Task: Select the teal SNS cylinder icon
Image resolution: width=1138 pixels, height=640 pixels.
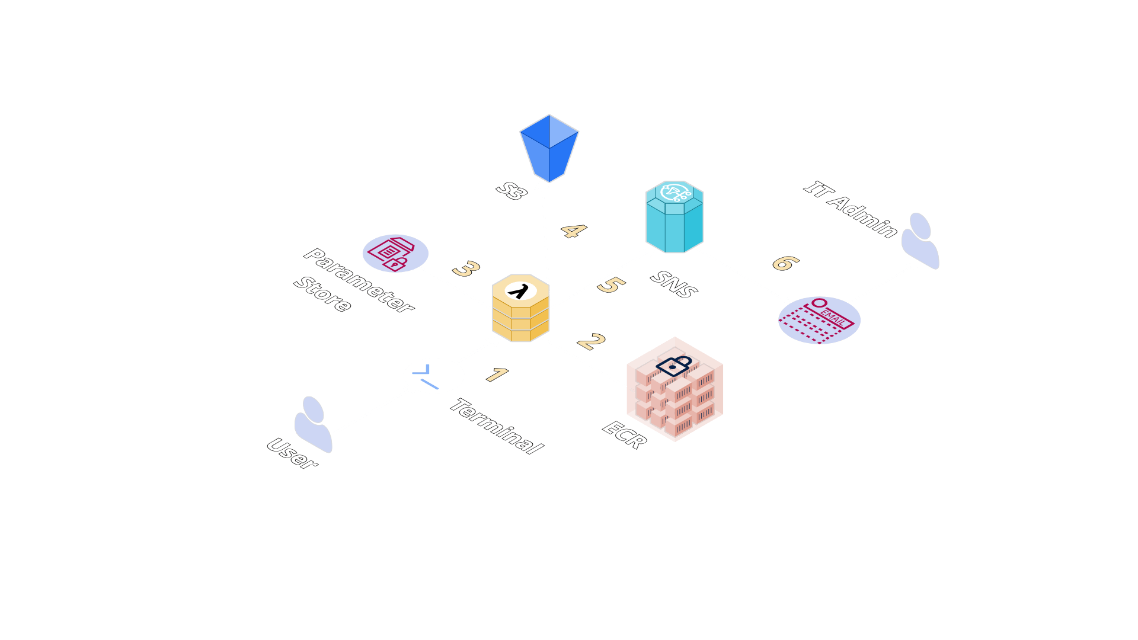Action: pos(675,217)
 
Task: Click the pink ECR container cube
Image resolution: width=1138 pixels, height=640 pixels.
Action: pos(675,390)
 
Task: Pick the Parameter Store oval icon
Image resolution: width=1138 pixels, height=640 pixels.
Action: pos(395,253)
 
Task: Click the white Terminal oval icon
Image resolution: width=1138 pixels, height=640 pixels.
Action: pos(434,376)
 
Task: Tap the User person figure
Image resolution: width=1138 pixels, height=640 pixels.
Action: pos(313,424)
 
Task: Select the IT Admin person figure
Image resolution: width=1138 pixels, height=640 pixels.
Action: pos(920,241)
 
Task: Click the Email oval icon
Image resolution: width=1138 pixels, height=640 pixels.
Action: pos(819,320)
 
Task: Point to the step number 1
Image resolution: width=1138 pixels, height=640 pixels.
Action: pos(497,375)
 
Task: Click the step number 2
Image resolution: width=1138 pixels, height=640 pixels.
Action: pos(590,341)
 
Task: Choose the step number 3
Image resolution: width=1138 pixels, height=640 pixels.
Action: pos(466,269)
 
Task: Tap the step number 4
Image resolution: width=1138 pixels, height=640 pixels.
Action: pos(573,231)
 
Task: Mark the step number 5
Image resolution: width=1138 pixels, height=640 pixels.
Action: pos(610,285)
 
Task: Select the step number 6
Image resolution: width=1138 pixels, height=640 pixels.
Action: pos(785,263)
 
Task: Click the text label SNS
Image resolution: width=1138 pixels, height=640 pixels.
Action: pos(674,284)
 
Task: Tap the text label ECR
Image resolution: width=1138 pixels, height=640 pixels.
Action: pos(625,435)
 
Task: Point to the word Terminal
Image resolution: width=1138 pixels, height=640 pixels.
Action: pos(497,426)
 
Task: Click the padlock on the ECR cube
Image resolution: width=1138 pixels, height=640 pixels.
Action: pos(674,365)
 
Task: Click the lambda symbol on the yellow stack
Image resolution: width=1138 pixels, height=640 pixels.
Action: pos(520,291)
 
